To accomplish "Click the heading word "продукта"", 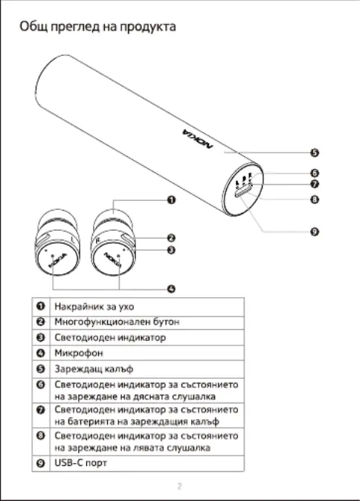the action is [148, 27].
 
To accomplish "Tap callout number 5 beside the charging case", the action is [315, 153].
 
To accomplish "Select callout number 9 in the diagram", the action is [315, 232].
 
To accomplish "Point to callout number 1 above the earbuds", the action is [171, 200].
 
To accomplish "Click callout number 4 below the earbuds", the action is [171, 289].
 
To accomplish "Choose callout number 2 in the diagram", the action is [171, 237].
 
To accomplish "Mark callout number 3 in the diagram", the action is [171, 250].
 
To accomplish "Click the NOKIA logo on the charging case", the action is [197, 138].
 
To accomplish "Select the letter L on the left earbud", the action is [74, 239].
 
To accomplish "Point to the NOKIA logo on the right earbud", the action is [112, 260].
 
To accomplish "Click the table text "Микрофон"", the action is [79, 353].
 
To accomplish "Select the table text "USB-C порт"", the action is [80, 462].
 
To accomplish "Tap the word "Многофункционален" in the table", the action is [101, 322].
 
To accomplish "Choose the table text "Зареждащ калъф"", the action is [94, 369].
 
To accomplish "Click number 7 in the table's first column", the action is [40, 409].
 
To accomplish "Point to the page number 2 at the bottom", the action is [180, 486].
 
